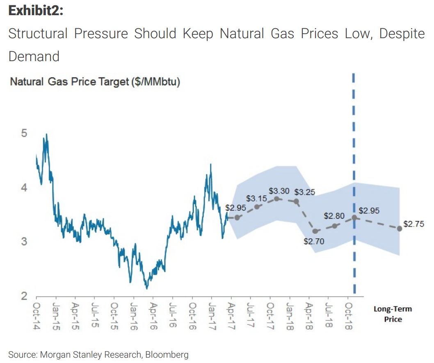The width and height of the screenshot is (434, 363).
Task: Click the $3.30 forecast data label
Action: pos(279,191)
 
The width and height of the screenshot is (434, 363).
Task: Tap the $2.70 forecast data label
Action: pos(314,241)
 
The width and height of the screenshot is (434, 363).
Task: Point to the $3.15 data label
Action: pos(257,199)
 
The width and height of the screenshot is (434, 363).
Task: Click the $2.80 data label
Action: pos(334,216)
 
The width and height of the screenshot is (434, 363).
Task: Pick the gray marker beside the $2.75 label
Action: pos(400,228)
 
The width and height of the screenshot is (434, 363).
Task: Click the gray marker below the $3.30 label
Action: pos(277,199)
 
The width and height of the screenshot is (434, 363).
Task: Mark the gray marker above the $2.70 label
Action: pos(315,231)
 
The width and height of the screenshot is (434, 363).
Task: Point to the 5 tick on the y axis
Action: pos(24,133)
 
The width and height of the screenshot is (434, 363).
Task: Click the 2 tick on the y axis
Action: pos(24,296)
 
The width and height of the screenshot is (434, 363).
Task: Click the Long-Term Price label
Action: pos(393,314)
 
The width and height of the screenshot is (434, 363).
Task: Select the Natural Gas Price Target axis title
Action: pos(95,82)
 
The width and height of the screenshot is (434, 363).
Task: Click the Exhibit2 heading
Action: pos(36,11)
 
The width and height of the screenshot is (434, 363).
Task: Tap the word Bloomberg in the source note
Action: pos(167,354)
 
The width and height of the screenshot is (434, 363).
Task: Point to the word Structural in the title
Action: pos(38,34)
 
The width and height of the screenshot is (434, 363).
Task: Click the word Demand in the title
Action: pos(34,56)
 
